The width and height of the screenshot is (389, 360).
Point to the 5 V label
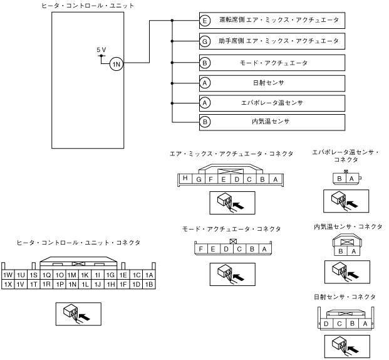[x=101, y=50]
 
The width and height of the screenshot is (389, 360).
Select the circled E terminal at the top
[x=205, y=21]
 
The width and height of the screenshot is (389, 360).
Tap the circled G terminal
[x=205, y=41]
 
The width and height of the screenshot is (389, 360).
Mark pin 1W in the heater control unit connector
[x=8, y=275]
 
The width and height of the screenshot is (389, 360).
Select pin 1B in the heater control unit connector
[x=149, y=284]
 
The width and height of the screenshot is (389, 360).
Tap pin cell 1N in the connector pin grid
[x=73, y=284]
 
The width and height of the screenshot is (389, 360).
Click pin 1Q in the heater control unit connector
[x=46, y=275]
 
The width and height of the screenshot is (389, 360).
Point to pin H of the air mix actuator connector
[x=185, y=178]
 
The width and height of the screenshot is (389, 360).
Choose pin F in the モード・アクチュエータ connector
[x=200, y=249]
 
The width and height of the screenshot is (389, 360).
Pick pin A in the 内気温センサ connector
[x=351, y=251]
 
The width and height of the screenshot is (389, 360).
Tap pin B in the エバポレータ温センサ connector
[x=340, y=179]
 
